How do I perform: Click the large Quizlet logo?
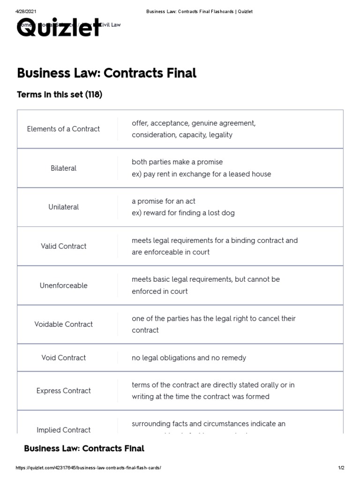click(59, 28)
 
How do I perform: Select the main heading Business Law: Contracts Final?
click(106, 73)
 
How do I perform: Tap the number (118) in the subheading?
click(93, 95)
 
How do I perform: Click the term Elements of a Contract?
click(63, 129)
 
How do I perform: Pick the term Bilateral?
click(63, 168)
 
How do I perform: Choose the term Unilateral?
click(63, 207)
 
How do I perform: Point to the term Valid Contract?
click(63, 246)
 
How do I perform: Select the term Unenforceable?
click(63, 285)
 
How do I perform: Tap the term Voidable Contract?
click(63, 324)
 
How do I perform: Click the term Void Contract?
click(63, 358)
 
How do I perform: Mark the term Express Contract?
click(63, 390)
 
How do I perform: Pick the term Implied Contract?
click(63, 429)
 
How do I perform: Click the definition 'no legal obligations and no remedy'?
click(188, 358)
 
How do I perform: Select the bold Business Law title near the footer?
click(84, 449)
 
